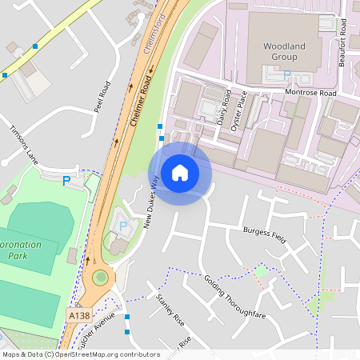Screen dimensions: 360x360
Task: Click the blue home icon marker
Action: tap(180, 173)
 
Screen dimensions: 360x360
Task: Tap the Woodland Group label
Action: tap(284, 52)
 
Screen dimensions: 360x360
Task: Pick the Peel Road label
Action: tap(102, 96)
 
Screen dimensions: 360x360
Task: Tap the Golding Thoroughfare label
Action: tap(234, 297)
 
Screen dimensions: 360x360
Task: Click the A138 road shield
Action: tap(78, 317)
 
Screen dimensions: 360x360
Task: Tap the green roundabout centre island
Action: tap(100, 278)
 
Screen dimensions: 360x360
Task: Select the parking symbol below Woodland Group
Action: tap(286, 75)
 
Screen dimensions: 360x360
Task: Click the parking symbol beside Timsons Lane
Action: tap(66, 181)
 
